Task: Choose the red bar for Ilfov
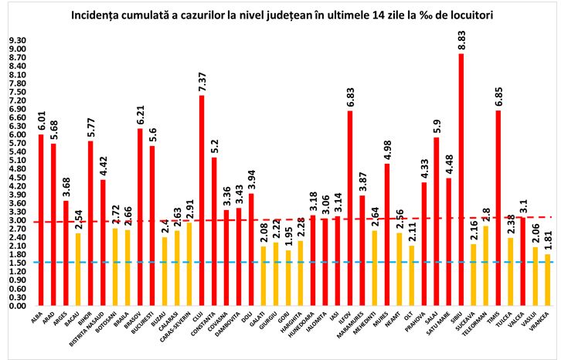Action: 350,208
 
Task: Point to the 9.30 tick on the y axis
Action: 17,40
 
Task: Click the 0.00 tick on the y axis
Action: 17,306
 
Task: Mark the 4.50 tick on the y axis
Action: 17,178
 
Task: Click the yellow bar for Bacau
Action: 78,258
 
